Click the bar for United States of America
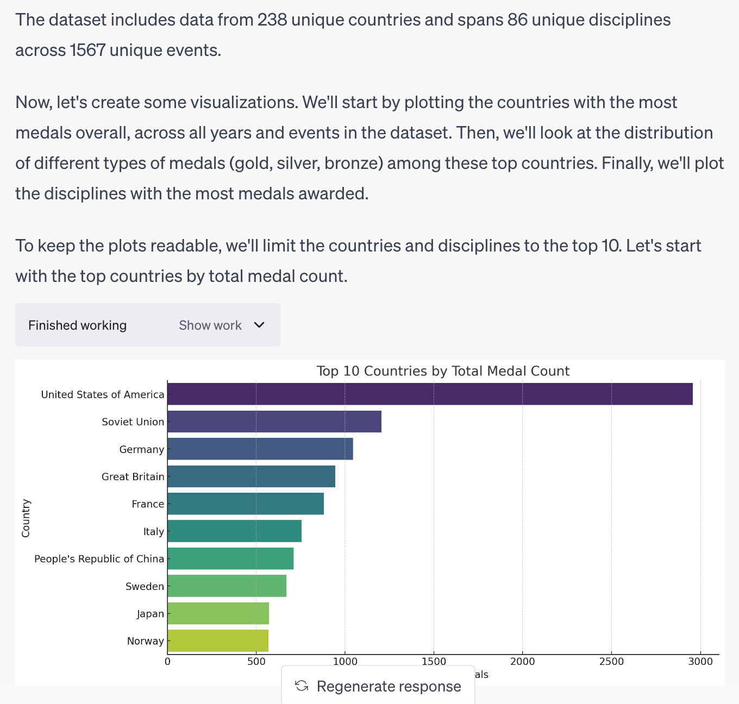pyautogui.click(x=429, y=394)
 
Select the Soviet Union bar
pyautogui.click(x=274, y=422)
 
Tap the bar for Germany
pyautogui.click(x=260, y=449)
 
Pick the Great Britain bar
pyautogui.click(x=251, y=476)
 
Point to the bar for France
pyautogui.click(x=245, y=504)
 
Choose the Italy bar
pyautogui.click(x=234, y=531)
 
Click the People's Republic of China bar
pyautogui.click(x=230, y=558)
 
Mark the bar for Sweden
pyautogui.click(x=227, y=586)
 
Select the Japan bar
pyautogui.click(x=218, y=613)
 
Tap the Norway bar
pyautogui.click(x=217, y=640)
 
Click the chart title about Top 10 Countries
pyautogui.click(x=443, y=371)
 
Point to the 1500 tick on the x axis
pyautogui.click(x=434, y=662)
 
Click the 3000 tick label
pyautogui.click(x=700, y=662)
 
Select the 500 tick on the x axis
pyautogui.click(x=256, y=662)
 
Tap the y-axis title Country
pyautogui.click(x=26, y=518)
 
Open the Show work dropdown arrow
pyautogui.click(x=259, y=325)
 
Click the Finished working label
pyautogui.click(x=77, y=325)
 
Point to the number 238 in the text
pyautogui.click(x=274, y=20)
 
